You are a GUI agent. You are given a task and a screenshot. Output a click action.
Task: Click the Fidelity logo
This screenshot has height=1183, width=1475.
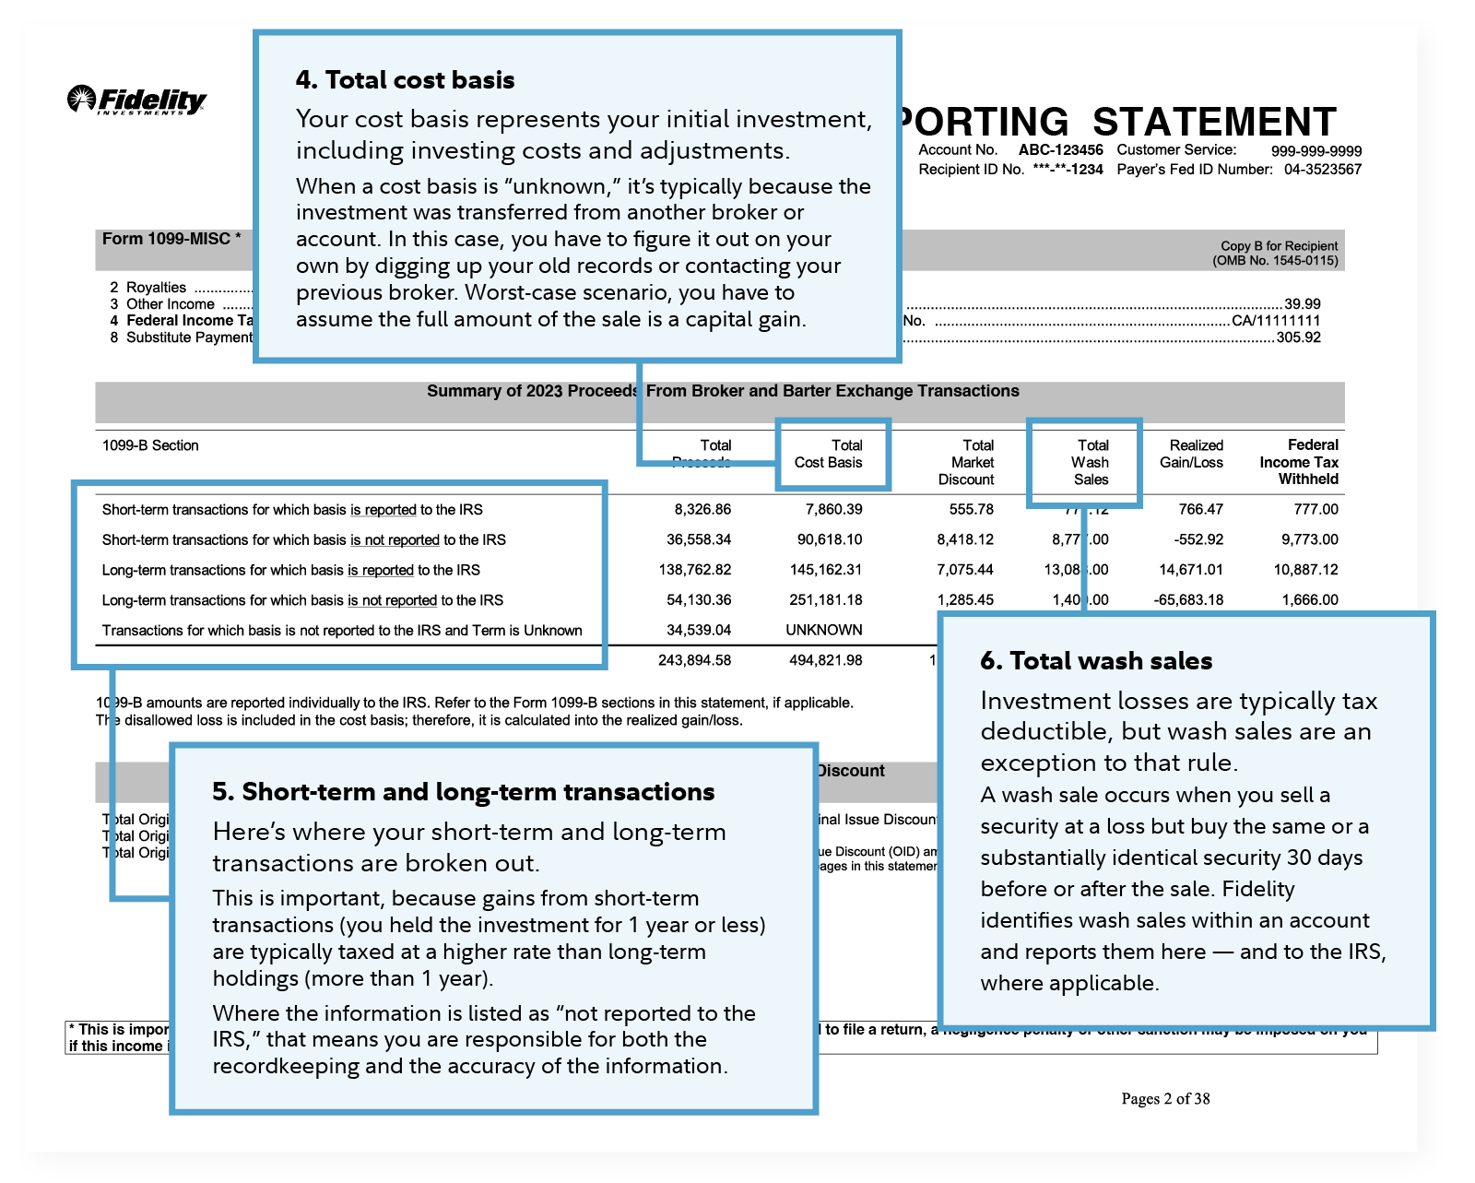(136, 100)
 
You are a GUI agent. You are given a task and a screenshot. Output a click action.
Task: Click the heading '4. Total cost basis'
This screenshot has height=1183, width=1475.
(405, 80)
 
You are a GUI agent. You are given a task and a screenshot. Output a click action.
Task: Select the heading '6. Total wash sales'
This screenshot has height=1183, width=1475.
(1096, 661)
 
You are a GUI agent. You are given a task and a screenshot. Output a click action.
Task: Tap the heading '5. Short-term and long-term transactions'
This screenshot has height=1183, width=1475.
(463, 792)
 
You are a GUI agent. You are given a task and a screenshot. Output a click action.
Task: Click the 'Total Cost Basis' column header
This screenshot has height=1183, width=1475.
(830, 454)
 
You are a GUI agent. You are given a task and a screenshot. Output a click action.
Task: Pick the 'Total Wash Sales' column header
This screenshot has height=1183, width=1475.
(1091, 462)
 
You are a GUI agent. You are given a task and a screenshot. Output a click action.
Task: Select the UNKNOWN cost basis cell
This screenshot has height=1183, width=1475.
(824, 630)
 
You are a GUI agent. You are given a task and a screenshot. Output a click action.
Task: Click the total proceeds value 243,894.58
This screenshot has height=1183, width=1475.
(694, 660)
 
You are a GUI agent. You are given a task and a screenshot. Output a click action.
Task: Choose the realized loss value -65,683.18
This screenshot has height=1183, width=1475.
(1188, 599)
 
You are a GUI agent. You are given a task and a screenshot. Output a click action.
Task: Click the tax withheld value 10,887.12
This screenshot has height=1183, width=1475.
(1305, 570)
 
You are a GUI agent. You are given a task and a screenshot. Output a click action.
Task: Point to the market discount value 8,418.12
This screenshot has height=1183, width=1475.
(965, 539)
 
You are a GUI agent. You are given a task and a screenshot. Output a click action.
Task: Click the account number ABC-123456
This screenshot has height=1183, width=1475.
(1060, 150)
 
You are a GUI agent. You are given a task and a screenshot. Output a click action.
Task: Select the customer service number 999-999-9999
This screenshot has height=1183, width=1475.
(1316, 151)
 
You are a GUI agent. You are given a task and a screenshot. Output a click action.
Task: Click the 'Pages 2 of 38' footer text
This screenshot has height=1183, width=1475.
(1165, 1098)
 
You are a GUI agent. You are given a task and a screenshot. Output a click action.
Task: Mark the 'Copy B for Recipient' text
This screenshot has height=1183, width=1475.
(1279, 246)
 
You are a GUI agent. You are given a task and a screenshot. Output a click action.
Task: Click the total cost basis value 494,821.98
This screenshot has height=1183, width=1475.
(826, 660)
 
